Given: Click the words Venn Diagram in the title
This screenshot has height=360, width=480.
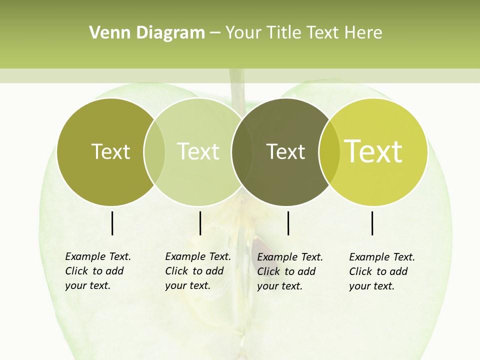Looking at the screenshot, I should [147, 33].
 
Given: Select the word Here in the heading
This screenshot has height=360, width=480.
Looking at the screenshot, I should [363, 33].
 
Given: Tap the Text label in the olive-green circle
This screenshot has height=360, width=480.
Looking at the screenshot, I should [110, 151].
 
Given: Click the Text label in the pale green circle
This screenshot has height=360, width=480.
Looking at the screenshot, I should [198, 151].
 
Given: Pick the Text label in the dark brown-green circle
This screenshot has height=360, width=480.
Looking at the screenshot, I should [285, 151].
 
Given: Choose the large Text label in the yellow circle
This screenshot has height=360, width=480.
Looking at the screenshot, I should [373, 151].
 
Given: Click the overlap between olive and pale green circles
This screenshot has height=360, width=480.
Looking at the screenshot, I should [154, 151].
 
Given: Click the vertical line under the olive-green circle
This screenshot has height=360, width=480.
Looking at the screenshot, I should [112, 223].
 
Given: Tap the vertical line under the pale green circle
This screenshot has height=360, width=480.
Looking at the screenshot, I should [200, 223].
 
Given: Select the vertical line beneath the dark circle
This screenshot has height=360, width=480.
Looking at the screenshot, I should [288, 223].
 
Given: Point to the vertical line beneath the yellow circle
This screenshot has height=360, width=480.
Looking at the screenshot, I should [372, 223].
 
